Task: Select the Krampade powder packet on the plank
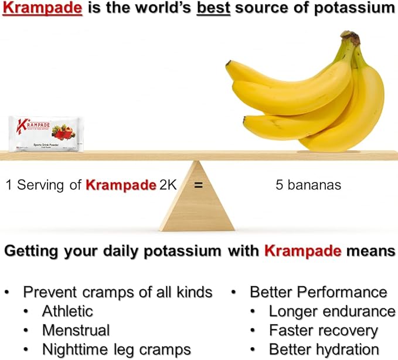[46, 134]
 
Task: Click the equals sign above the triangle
[198, 185]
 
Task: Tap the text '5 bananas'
[308, 185]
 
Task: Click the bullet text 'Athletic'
[67, 311]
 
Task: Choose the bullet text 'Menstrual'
[75, 330]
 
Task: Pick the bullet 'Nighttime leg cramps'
[116, 349]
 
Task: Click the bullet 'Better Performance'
[318, 292]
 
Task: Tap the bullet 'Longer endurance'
[332, 311]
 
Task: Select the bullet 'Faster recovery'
[323, 330]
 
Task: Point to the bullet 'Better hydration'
[324, 349]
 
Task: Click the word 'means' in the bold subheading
[370, 251]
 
